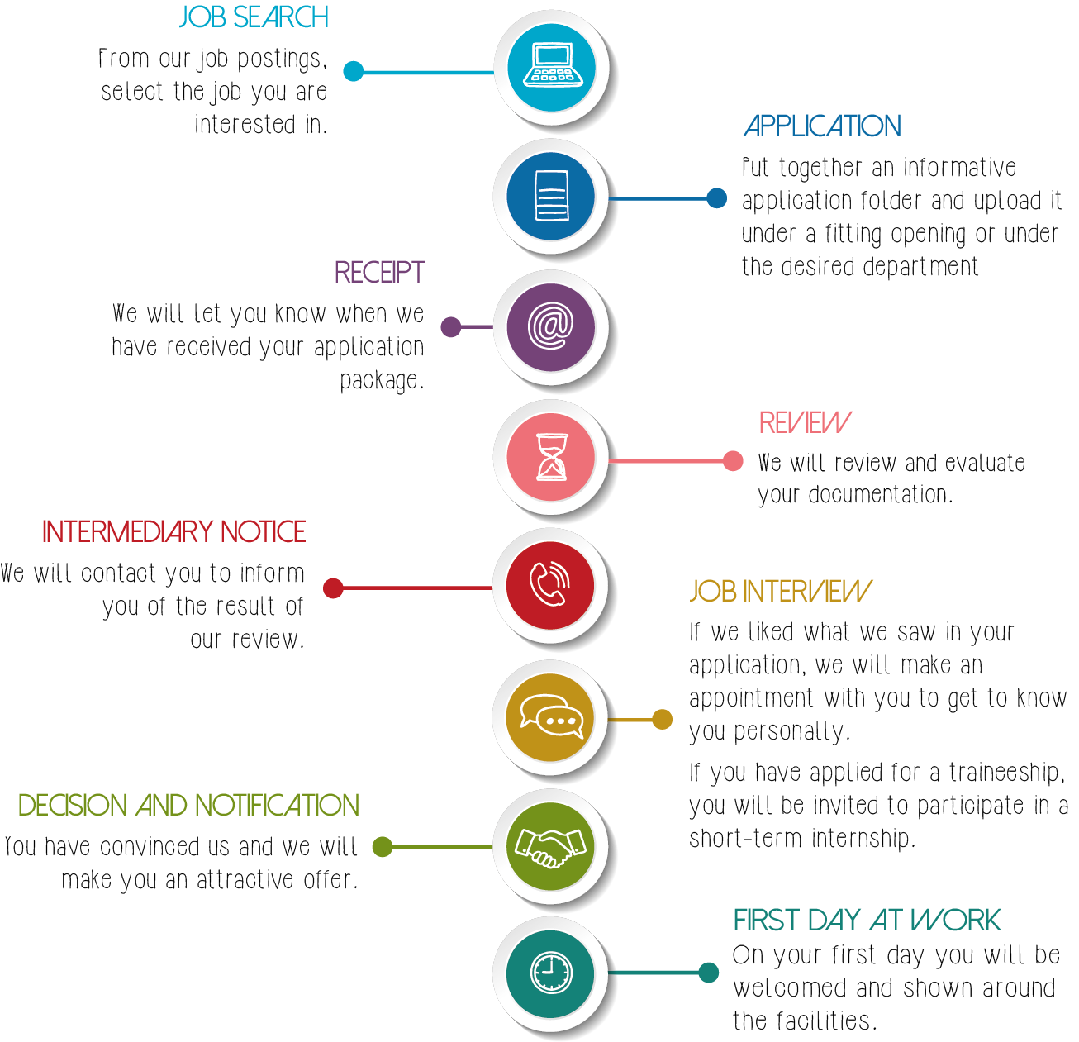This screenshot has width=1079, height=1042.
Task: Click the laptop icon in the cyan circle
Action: pyautogui.click(x=552, y=66)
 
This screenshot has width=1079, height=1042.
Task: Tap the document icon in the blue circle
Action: pyautogui.click(x=551, y=196)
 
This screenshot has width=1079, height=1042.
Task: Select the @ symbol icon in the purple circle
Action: pyautogui.click(x=551, y=326)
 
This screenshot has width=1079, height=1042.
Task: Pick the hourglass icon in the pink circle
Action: pyautogui.click(x=551, y=457)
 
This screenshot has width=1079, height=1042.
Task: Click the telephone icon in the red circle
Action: pyautogui.click(x=550, y=585)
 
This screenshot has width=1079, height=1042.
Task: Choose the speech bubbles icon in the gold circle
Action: pyautogui.click(x=551, y=716)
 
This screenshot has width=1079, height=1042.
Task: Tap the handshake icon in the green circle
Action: pyautogui.click(x=550, y=846)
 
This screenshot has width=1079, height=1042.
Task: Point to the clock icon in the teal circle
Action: pyautogui.click(x=550, y=973)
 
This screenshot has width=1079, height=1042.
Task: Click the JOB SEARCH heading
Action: pyautogui.click(x=254, y=17)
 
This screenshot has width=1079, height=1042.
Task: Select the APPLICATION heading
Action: pyautogui.click(x=821, y=126)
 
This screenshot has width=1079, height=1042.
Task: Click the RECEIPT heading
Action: pyautogui.click(x=378, y=272)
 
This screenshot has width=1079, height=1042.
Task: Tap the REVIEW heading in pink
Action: pyautogui.click(x=804, y=422)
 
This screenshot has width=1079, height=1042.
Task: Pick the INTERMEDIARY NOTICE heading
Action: pyautogui.click(x=173, y=531)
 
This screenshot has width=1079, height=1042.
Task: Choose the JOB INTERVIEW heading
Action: pyautogui.click(x=780, y=591)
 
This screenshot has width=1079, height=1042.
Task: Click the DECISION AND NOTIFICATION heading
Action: pyautogui.click(x=188, y=805)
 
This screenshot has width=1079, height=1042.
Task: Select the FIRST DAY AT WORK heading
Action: pyautogui.click(x=867, y=920)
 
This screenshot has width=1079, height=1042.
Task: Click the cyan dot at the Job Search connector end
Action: pyautogui.click(x=354, y=72)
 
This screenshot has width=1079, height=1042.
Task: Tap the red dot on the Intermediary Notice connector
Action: pyautogui.click(x=334, y=588)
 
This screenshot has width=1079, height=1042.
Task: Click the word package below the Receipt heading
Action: pyautogui.click(x=381, y=381)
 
